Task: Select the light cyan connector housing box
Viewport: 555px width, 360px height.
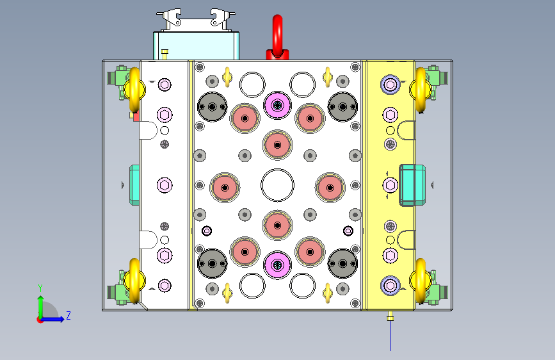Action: click(x=196, y=45)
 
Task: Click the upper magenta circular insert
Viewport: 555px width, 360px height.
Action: click(x=278, y=105)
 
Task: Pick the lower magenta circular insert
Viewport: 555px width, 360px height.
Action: click(x=278, y=265)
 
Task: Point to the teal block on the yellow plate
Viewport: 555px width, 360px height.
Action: click(x=412, y=185)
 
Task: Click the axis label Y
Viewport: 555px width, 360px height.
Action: click(x=40, y=288)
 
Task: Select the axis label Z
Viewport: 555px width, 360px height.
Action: click(x=68, y=315)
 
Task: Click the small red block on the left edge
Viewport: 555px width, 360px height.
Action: click(x=136, y=117)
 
